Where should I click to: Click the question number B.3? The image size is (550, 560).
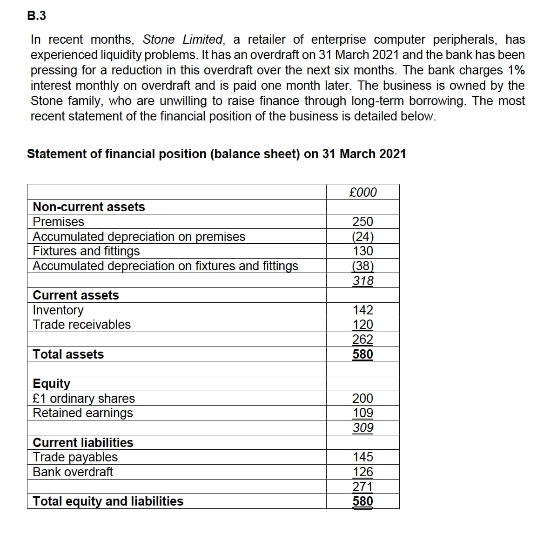(x=37, y=16)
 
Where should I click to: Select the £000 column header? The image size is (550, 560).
(x=362, y=192)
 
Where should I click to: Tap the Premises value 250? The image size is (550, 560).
(x=362, y=221)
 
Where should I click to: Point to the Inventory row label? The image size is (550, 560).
(x=58, y=310)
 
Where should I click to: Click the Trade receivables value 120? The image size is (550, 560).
(x=362, y=324)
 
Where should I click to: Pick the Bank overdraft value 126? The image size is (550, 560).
(x=362, y=472)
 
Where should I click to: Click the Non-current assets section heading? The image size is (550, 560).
(x=89, y=207)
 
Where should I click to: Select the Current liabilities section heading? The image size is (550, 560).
(x=83, y=442)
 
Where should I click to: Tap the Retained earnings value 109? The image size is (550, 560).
(x=362, y=413)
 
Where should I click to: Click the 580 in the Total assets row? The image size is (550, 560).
(x=362, y=354)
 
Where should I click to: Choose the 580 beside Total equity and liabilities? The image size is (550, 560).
(x=362, y=501)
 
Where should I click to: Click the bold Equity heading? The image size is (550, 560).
(x=52, y=383)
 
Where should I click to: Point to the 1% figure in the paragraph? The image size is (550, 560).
(x=516, y=70)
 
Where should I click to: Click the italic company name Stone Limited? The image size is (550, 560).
(x=183, y=40)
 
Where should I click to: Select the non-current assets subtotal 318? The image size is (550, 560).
(x=362, y=280)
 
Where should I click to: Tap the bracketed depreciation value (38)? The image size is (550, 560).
(x=362, y=266)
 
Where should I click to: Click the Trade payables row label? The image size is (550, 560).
(x=75, y=457)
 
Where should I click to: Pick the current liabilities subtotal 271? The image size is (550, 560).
(x=362, y=487)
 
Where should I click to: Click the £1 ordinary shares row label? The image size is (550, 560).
(x=84, y=398)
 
